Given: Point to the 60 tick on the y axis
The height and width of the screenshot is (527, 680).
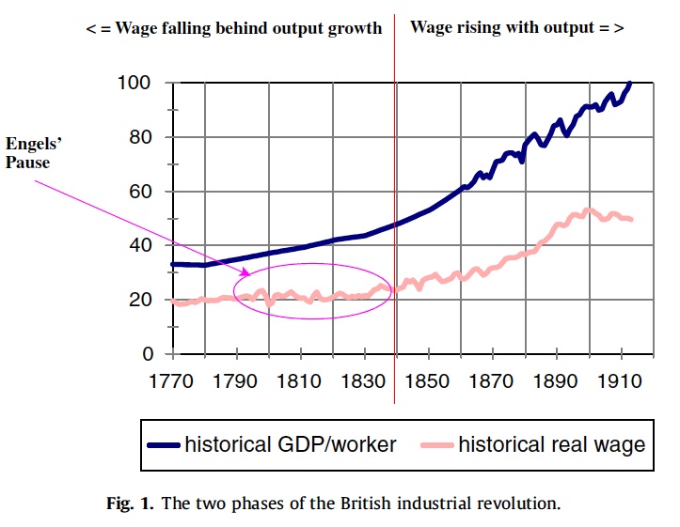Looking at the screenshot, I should [x=144, y=192].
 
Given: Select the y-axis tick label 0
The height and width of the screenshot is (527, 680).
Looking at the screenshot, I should [x=149, y=355].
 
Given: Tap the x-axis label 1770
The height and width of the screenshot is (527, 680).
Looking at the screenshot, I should [x=174, y=383].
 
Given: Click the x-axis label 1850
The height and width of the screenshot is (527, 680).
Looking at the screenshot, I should [x=429, y=383].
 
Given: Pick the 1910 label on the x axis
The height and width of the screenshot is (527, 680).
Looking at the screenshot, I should [x=620, y=383].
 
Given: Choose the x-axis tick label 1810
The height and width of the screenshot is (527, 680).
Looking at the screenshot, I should [x=301, y=383].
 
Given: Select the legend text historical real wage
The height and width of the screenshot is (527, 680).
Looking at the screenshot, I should [x=552, y=444].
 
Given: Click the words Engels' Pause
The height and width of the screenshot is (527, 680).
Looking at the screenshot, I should [x=33, y=153].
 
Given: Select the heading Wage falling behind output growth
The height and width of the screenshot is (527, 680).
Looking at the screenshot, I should [x=234, y=28].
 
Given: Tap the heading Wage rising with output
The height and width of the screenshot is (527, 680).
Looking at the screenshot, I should [x=516, y=28].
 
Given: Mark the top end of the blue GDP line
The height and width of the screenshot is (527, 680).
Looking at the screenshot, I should [x=630, y=83].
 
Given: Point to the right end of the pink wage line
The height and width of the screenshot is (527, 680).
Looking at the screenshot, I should [x=632, y=220].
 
